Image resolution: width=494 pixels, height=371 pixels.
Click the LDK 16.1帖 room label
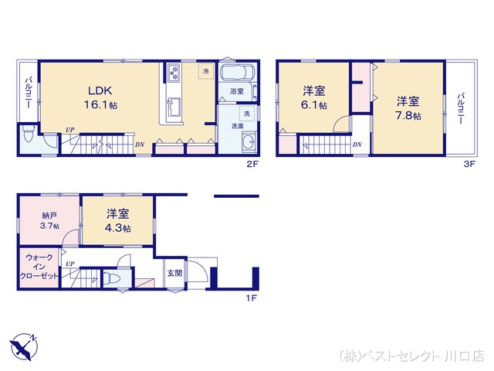pos(102,97)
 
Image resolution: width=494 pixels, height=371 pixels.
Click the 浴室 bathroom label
pos(236,92)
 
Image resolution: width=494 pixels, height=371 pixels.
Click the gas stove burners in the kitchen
pos(171,75)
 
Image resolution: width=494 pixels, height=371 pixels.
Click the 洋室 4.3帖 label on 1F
pos(117,221)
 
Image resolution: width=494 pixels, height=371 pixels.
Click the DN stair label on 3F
pos(357,145)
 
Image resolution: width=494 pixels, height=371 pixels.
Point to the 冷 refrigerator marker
pos(205,71)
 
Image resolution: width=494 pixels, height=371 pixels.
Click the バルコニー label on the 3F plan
pos(460,109)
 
